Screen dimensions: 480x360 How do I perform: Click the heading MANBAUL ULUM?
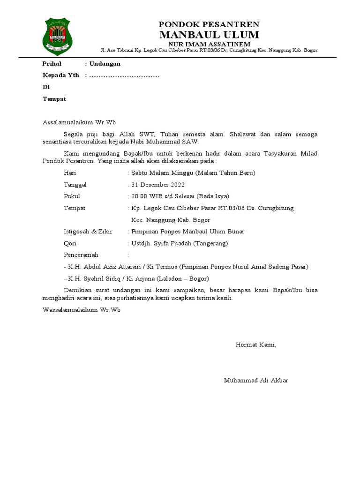pyautogui.click(x=209, y=35)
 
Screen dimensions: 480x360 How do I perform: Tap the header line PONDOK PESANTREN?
pyautogui.click(x=209, y=24)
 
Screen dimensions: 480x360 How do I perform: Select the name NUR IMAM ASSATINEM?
pyautogui.click(x=209, y=44)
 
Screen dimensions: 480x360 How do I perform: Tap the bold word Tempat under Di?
pyautogui.click(x=54, y=99)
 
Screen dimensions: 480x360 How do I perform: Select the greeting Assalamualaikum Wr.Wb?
pyautogui.click(x=79, y=122)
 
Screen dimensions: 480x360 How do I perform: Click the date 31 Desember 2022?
pyautogui.click(x=158, y=185)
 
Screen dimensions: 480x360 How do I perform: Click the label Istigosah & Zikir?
pyautogui.click(x=88, y=232)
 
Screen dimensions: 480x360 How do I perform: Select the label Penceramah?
pyautogui.click(x=81, y=255)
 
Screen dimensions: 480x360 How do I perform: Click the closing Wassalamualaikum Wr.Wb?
pyautogui.click(x=82, y=310)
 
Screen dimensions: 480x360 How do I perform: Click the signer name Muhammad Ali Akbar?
pyautogui.click(x=256, y=380)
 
